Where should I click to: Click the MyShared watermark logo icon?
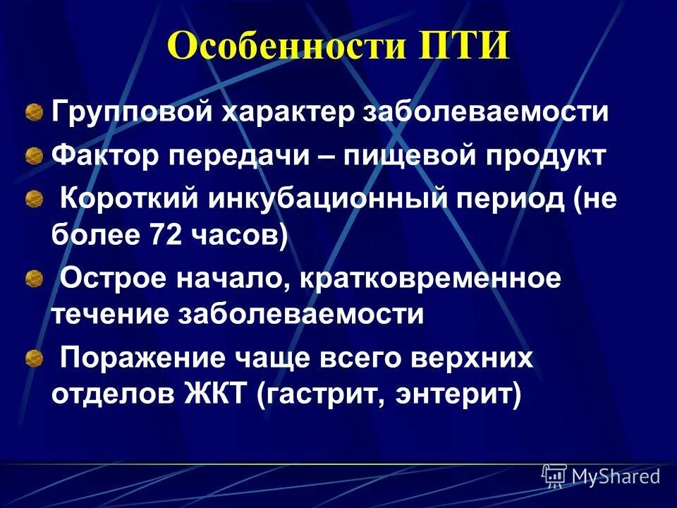tap(554, 476)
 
